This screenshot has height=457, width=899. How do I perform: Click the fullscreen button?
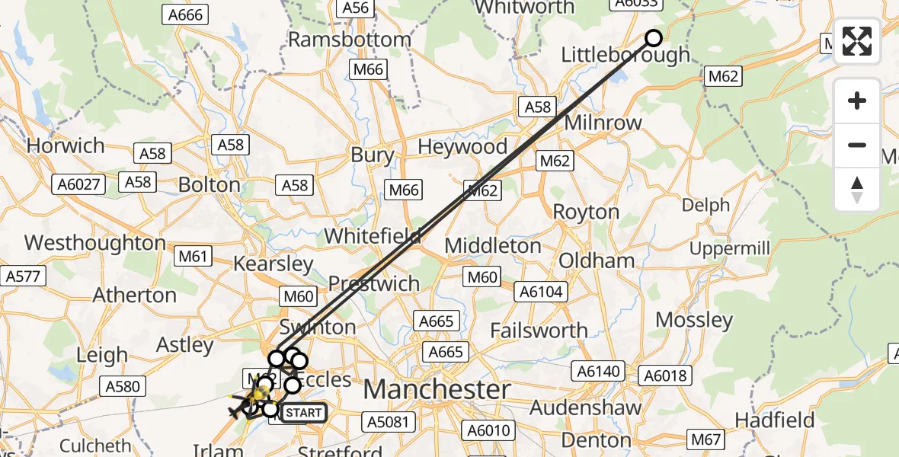coord(857,41)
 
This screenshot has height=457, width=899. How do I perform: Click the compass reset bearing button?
coord(857,190)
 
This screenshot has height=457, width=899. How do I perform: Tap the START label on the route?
coord(304,414)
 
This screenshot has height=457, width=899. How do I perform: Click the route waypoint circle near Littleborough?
coord(654,38)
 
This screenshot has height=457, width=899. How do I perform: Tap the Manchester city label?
coord(437,389)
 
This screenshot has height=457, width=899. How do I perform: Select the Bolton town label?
coord(209,184)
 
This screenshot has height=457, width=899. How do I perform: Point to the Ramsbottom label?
coord(350,39)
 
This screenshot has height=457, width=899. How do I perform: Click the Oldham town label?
coord(597,260)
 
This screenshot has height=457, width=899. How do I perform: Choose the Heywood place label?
coord(462,147)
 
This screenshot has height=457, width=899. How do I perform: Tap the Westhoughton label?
coord(95,243)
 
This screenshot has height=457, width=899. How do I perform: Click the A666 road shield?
coord(184,14)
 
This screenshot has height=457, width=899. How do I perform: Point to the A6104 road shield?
coord(541,291)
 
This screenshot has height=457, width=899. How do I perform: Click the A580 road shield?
coord(123,386)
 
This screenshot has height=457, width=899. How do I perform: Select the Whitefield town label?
coord(373,236)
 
